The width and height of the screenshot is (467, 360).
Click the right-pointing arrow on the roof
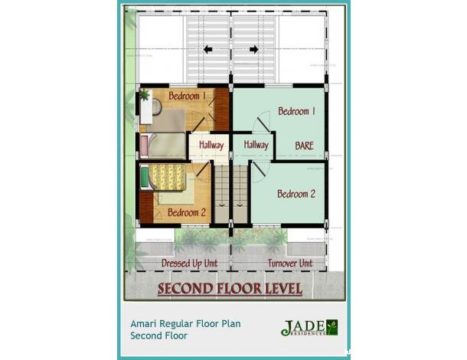pyautogui.click(x=253, y=50)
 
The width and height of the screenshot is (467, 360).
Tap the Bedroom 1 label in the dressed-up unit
pyautogui.click(x=187, y=96)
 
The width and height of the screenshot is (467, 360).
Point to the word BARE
pyautogui.click(x=305, y=144)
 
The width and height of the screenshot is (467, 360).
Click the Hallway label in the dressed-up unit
pyautogui.click(x=211, y=145)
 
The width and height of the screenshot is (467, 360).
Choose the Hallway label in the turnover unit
pyautogui.click(x=256, y=144)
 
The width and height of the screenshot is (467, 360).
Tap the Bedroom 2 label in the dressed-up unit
pyautogui.click(x=186, y=212)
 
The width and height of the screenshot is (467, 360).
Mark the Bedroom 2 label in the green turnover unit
pyautogui.click(x=296, y=194)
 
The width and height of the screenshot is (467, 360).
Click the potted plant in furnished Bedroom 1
pyautogui.click(x=144, y=94)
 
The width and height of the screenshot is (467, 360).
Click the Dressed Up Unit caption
pyautogui.click(x=189, y=263)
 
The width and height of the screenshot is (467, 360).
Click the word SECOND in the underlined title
pyautogui.click(x=188, y=289)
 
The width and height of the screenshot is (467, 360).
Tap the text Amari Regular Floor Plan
pyautogui.click(x=185, y=324)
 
